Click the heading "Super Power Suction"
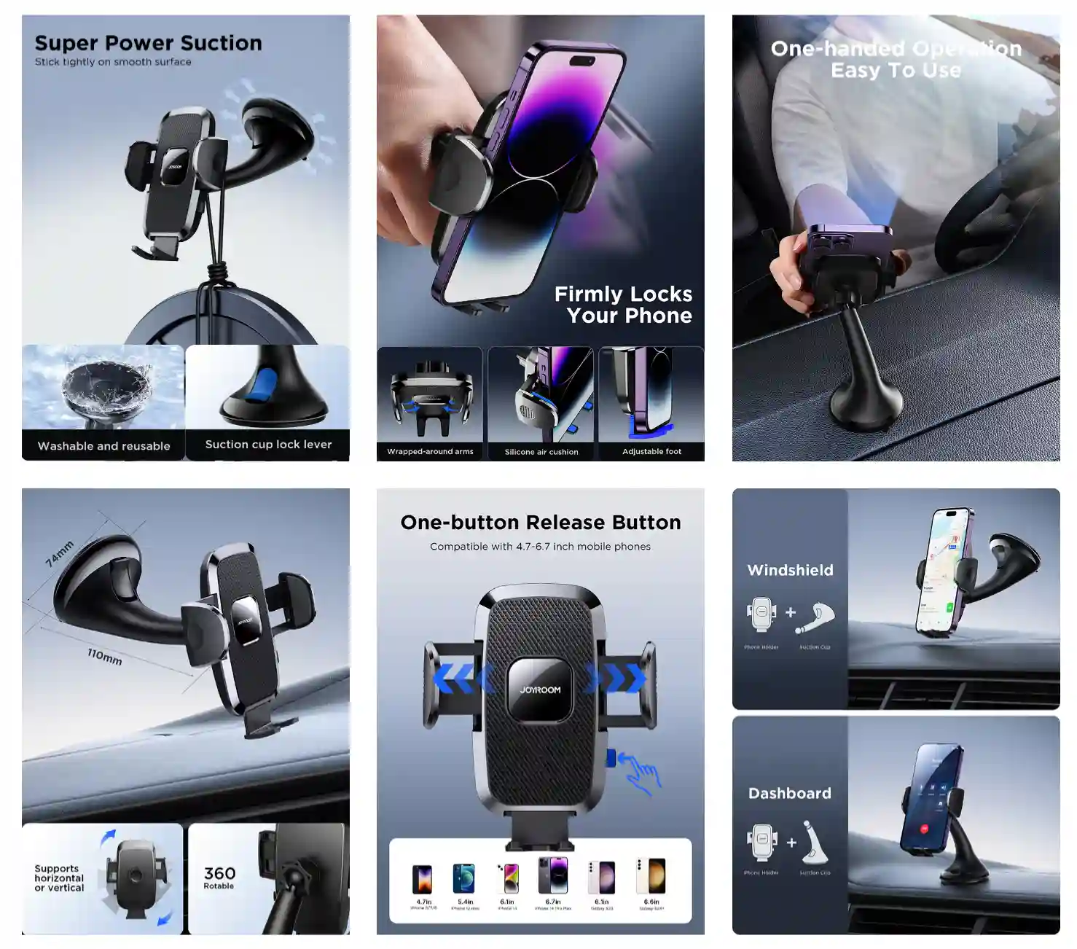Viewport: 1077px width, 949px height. (148, 43)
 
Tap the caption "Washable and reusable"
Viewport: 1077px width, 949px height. (103, 446)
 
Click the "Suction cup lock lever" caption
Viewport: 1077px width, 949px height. (268, 445)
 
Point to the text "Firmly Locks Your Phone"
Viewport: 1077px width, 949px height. (623, 305)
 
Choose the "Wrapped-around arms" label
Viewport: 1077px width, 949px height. (430, 452)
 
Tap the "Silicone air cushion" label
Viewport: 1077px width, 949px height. (541, 452)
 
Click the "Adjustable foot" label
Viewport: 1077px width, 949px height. (651, 452)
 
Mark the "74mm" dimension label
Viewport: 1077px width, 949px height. (60, 553)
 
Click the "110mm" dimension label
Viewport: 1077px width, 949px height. (104, 656)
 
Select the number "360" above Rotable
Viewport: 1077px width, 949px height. (219, 873)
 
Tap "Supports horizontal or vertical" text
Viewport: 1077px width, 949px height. (59, 878)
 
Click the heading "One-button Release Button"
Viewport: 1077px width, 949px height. (541, 523)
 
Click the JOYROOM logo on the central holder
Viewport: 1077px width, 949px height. (540, 690)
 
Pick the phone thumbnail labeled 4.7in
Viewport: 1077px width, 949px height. (423, 880)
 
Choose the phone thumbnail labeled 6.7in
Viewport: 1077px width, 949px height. (552, 875)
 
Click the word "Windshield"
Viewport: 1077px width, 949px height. (790, 570)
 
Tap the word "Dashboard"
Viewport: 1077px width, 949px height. (789, 793)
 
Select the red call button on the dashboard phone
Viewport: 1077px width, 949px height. (925, 829)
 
